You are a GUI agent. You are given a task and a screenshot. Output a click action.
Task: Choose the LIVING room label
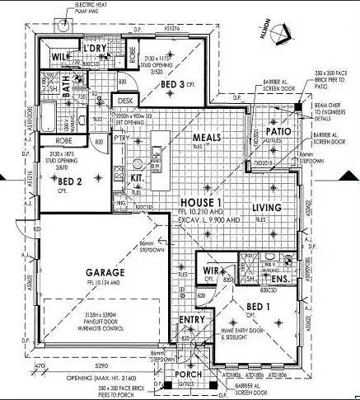click(x=267, y=207)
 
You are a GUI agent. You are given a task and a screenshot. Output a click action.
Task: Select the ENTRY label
click(x=192, y=319)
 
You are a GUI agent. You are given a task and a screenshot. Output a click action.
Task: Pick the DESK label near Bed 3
click(x=125, y=101)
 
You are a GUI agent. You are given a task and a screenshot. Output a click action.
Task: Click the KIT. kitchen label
click(x=137, y=177)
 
